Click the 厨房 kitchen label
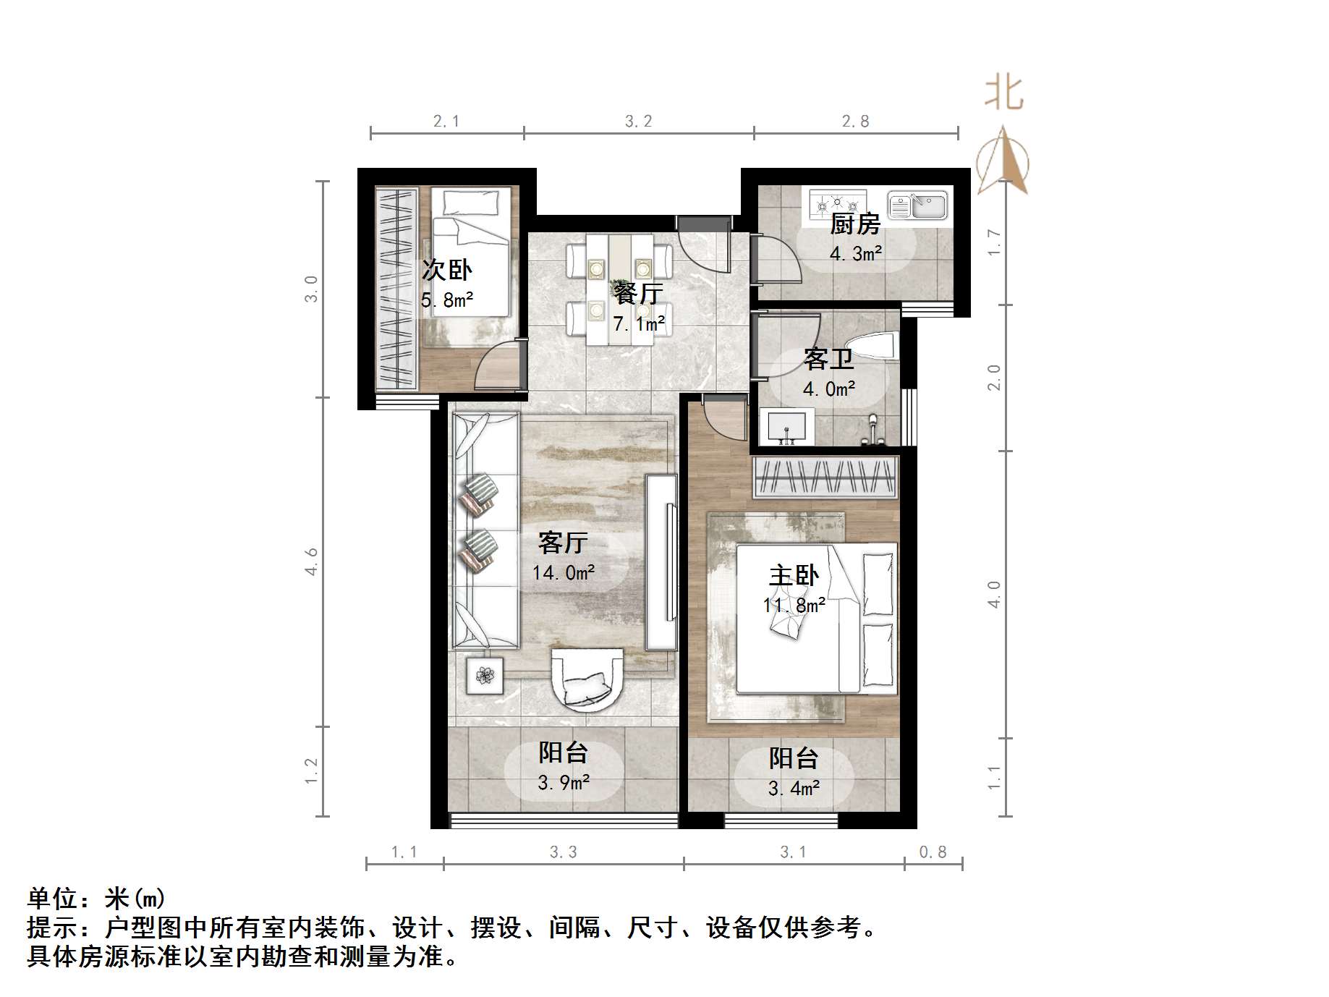(x=854, y=224)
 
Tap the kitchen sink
(x=917, y=205)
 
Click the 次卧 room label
(x=446, y=271)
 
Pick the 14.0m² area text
(x=564, y=573)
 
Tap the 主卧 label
(x=794, y=576)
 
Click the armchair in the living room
(x=587, y=679)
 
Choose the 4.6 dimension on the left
(x=312, y=561)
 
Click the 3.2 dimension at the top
(x=638, y=122)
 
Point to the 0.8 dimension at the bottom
(x=933, y=852)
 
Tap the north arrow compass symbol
(x=1003, y=162)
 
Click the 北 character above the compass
(x=1003, y=93)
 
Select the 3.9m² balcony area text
(x=564, y=782)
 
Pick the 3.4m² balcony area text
(x=794, y=788)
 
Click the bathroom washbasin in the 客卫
(x=786, y=426)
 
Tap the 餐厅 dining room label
(x=638, y=294)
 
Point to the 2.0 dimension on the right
(x=995, y=377)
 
